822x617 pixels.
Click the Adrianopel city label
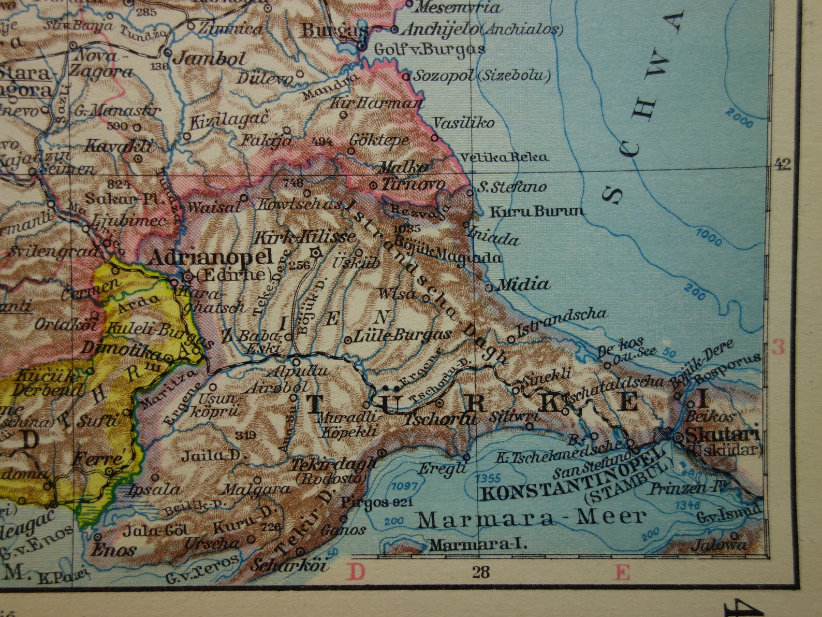pos(210,257)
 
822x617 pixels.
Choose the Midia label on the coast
pos(523,284)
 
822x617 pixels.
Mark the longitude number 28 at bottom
pos(480,572)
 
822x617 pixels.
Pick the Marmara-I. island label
pos(478,545)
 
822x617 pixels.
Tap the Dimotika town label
pos(121,352)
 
